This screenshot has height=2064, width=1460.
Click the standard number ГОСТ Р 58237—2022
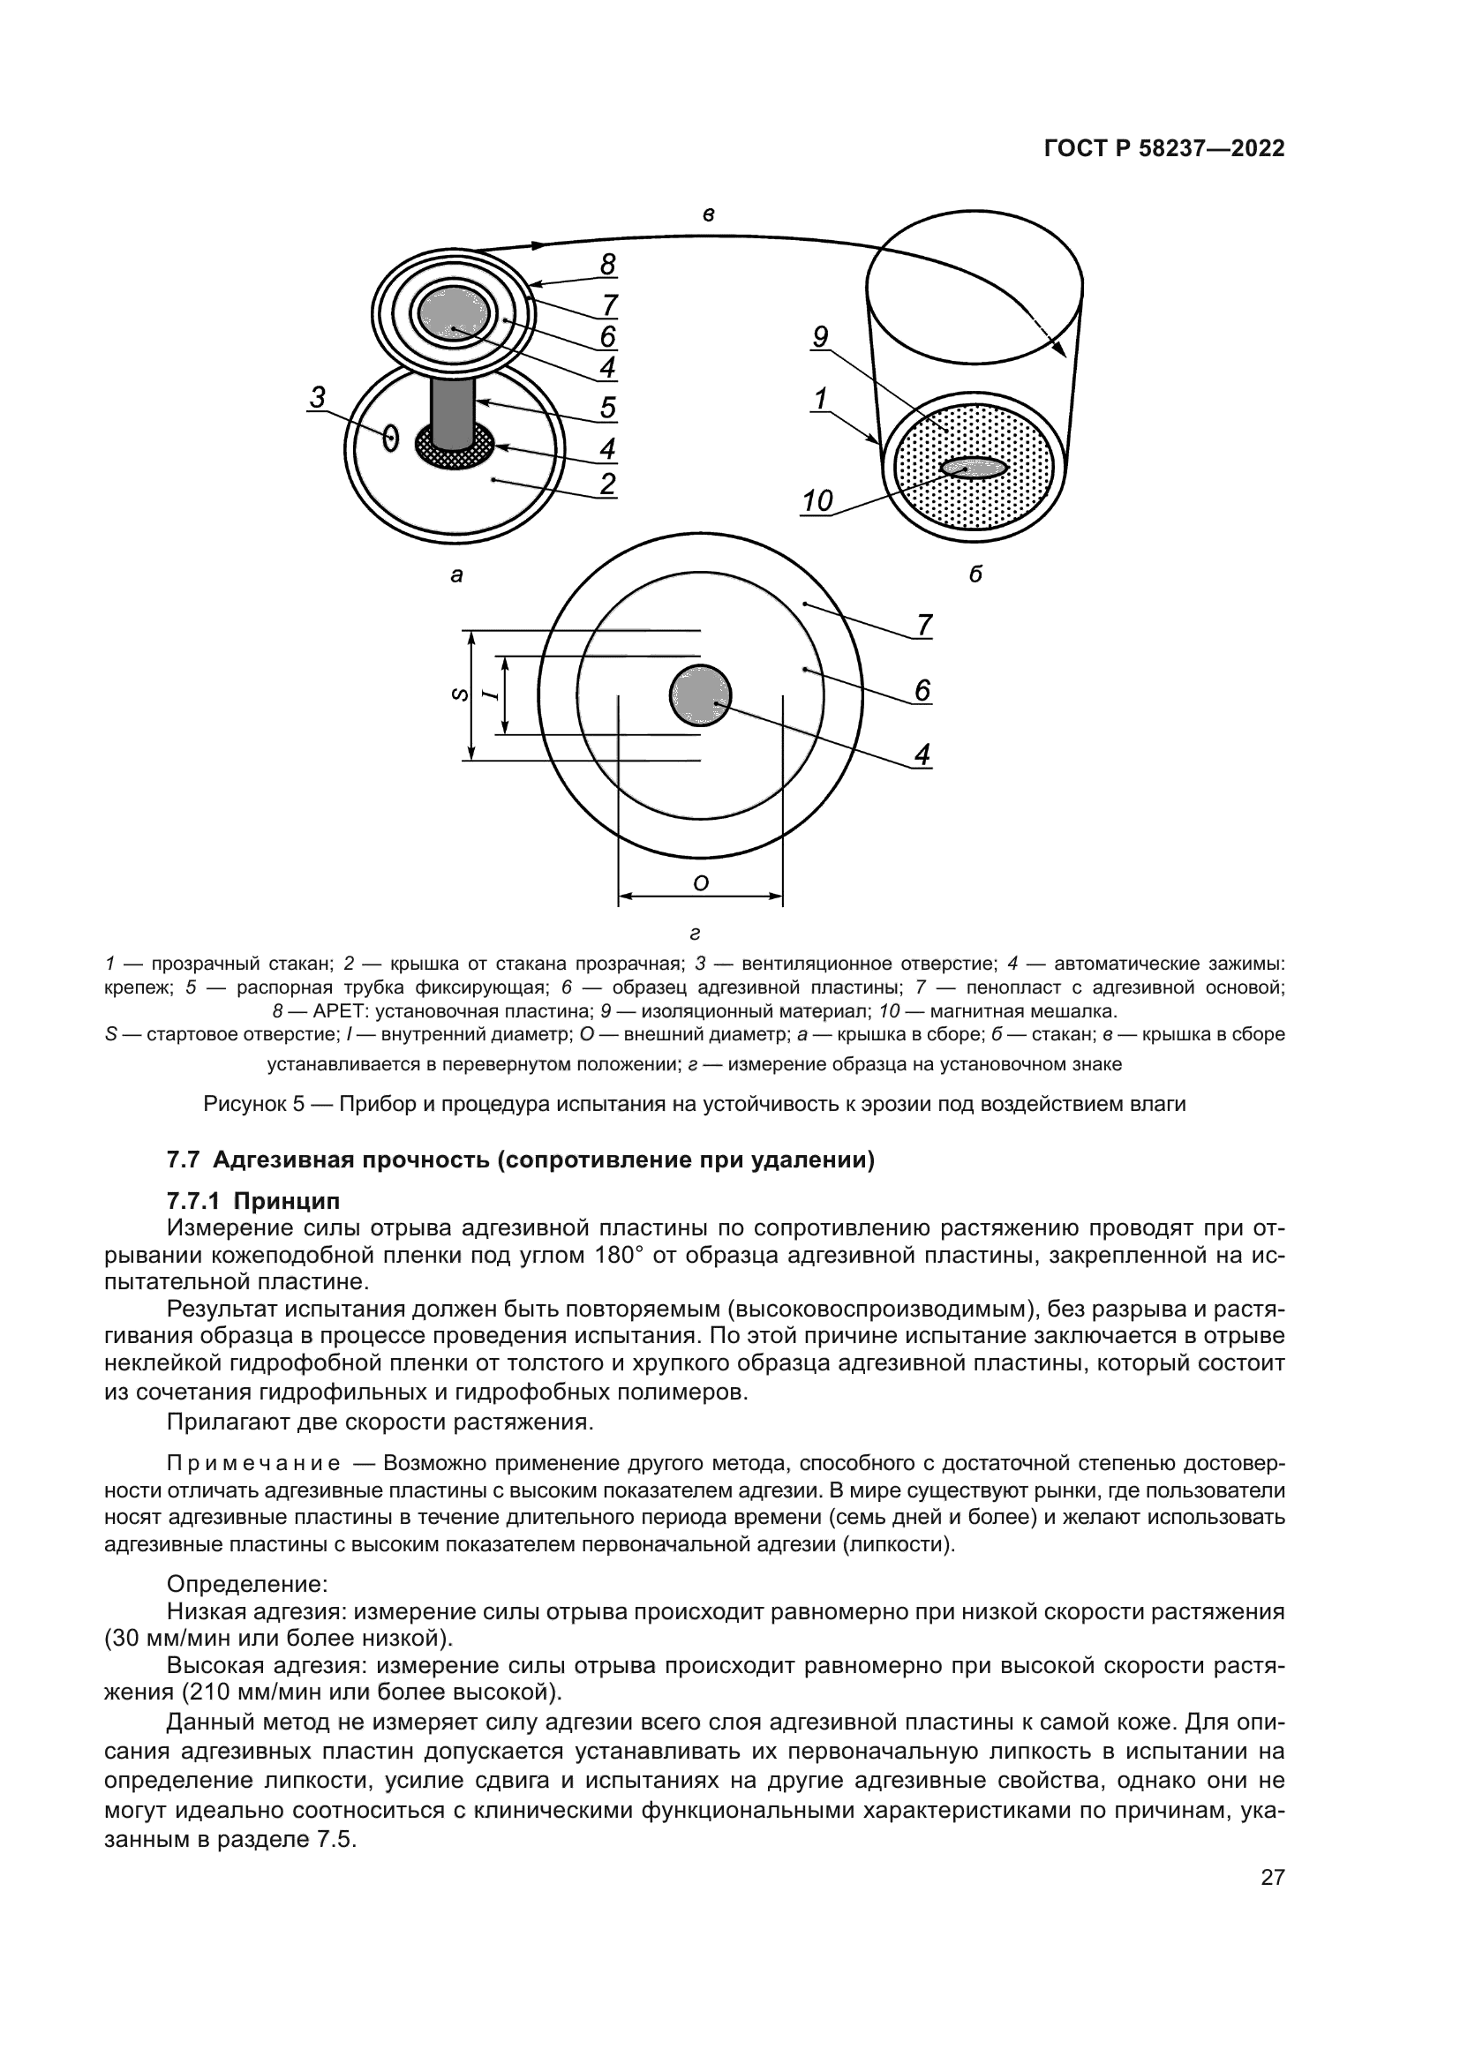pyautogui.click(x=1164, y=149)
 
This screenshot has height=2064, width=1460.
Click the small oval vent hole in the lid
pyautogui.click(x=389, y=438)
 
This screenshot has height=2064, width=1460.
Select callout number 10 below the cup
pyautogui.click(x=817, y=500)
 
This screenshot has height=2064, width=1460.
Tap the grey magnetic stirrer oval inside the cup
pyautogui.click(x=974, y=468)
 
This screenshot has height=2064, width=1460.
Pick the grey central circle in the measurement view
pyautogui.click(x=699, y=694)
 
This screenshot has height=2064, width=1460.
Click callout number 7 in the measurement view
pyautogui.click(x=923, y=624)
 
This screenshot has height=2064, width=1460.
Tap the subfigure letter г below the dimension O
pyautogui.click(x=694, y=933)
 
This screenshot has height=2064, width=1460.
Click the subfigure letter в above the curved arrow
pyautogui.click(x=709, y=214)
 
